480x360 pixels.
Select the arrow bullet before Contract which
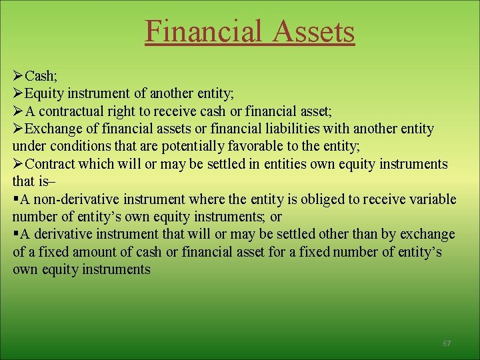pyautogui.click(x=18, y=164)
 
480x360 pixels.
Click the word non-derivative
pyautogui.click(x=73, y=199)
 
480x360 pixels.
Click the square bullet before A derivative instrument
pyautogui.click(x=15, y=234)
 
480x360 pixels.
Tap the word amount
pyautogui.click(x=83, y=252)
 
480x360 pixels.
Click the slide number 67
pyautogui.click(x=447, y=343)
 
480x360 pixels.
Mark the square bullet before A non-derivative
pyautogui.click(x=15, y=199)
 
